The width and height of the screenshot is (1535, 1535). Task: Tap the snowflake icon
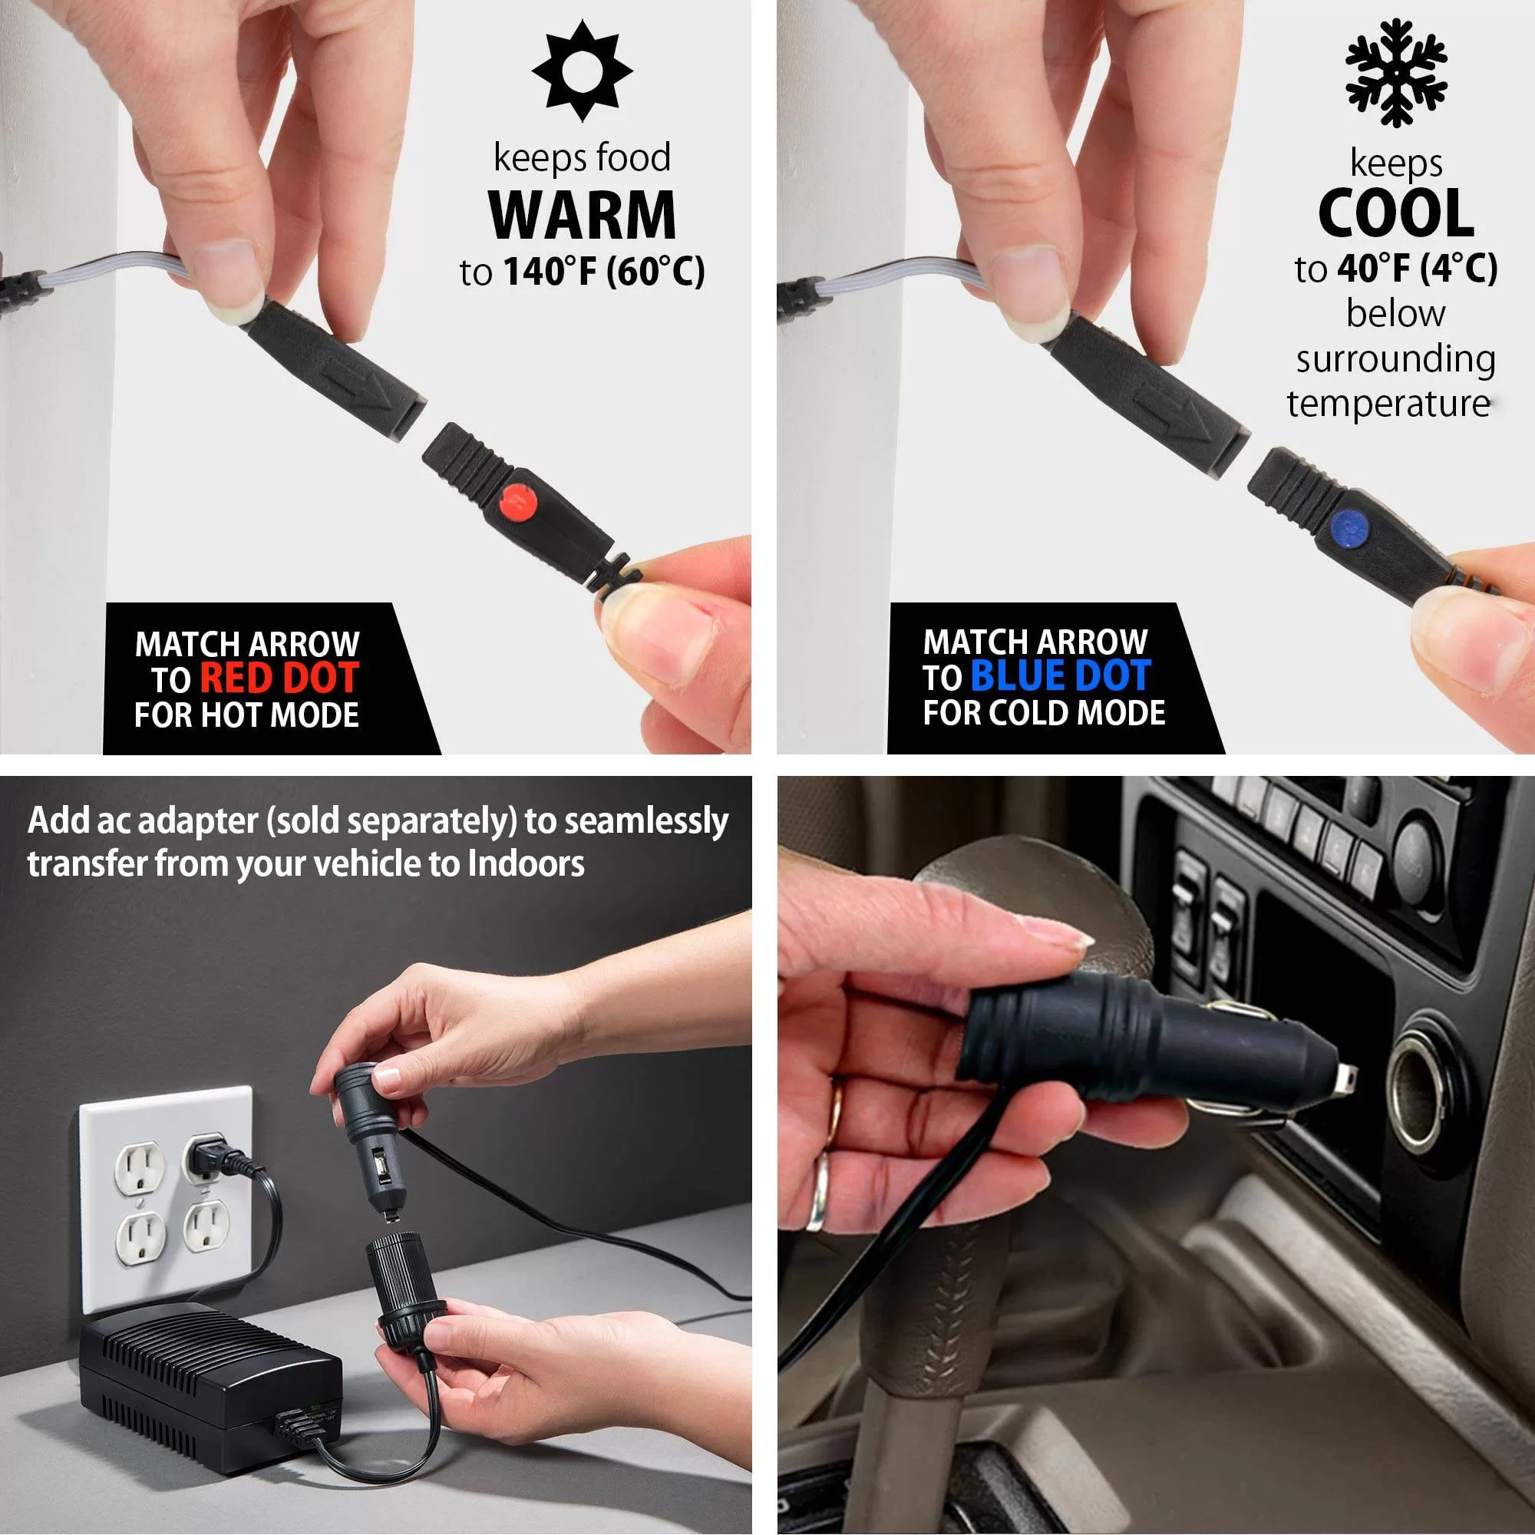click(x=1396, y=72)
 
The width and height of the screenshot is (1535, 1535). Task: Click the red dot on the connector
click(x=518, y=502)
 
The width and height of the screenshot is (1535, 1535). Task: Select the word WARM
click(x=583, y=215)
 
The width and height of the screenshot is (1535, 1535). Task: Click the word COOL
click(x=1396, y=213)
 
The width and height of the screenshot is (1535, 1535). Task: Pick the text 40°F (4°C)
click(x=1418, y=269)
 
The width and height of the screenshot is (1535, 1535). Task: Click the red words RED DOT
click(x=279, y=678)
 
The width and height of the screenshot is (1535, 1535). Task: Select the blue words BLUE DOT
click(x=1061, y=675)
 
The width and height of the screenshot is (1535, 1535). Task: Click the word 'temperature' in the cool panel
click(x=1388, y=404)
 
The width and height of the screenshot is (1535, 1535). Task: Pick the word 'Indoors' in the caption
click(x=525, y=863)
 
